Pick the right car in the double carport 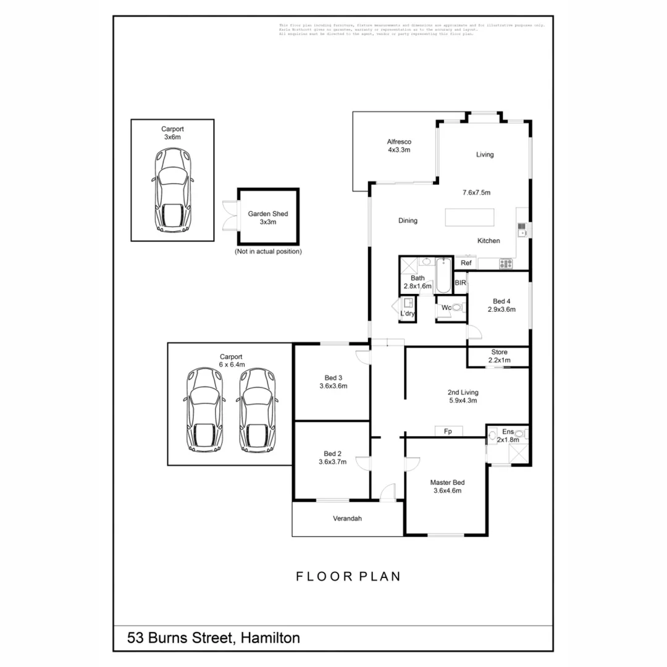pyautogui.click(x=255, y=409)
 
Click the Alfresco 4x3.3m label pyautogui.click(x=399, y=145)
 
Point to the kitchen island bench pyautogui.click(x=469, y=218)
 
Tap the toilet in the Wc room pyautogui.click(x=456, y=307)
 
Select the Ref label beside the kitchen pyautogui.click(x=466, y=263)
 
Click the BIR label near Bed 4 pyautogui.click(x=461, y=283)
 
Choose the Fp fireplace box pyautogui.click(x=449, y=431)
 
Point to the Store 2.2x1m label pyautogui.click(x=499, y=356)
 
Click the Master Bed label pyautogui.click(x=447, y=487)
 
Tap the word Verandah pyautogui.click(x=348, y=518)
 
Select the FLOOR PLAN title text pyautogui.click(x=348, y=576)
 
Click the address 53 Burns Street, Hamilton pyautogui.click(x=214, y=637)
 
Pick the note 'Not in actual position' pyautogui.click(x=268, y=251)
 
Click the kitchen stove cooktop pyautogui.click(x=505, y=264)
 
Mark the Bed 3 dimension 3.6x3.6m pyautogui.click(x=333, y=386)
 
